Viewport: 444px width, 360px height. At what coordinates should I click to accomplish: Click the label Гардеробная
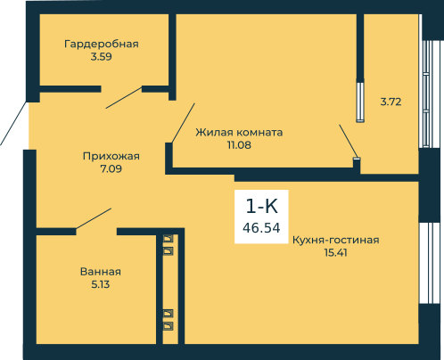102,45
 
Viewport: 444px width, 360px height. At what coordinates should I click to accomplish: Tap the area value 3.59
102,57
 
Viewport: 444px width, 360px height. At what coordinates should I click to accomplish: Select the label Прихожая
111,157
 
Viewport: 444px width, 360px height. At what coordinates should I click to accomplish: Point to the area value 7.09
111,168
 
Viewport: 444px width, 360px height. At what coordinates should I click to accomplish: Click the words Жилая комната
239,132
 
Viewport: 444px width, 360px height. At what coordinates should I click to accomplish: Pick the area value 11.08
239,145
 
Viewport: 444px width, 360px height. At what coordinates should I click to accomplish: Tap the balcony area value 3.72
391,102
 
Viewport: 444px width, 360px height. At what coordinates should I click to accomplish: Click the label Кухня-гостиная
336,240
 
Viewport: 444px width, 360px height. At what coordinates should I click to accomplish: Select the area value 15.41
336,253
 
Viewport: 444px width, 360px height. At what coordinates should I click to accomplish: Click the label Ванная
101,272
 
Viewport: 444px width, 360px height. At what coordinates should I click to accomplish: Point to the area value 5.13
101,284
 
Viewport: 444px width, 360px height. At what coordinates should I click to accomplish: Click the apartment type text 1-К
262,206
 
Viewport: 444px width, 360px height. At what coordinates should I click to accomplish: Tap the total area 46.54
261,228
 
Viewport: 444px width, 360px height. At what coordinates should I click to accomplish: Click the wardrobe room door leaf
124,97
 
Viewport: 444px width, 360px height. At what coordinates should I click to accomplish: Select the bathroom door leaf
94,218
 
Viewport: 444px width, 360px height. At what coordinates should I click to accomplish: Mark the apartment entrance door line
13,124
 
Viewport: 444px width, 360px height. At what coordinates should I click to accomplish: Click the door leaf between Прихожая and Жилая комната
183,123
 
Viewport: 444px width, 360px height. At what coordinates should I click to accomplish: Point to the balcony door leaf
348,141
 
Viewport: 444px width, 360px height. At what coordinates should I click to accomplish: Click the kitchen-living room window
430,263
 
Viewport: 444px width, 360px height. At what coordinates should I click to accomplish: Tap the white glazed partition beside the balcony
360,101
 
